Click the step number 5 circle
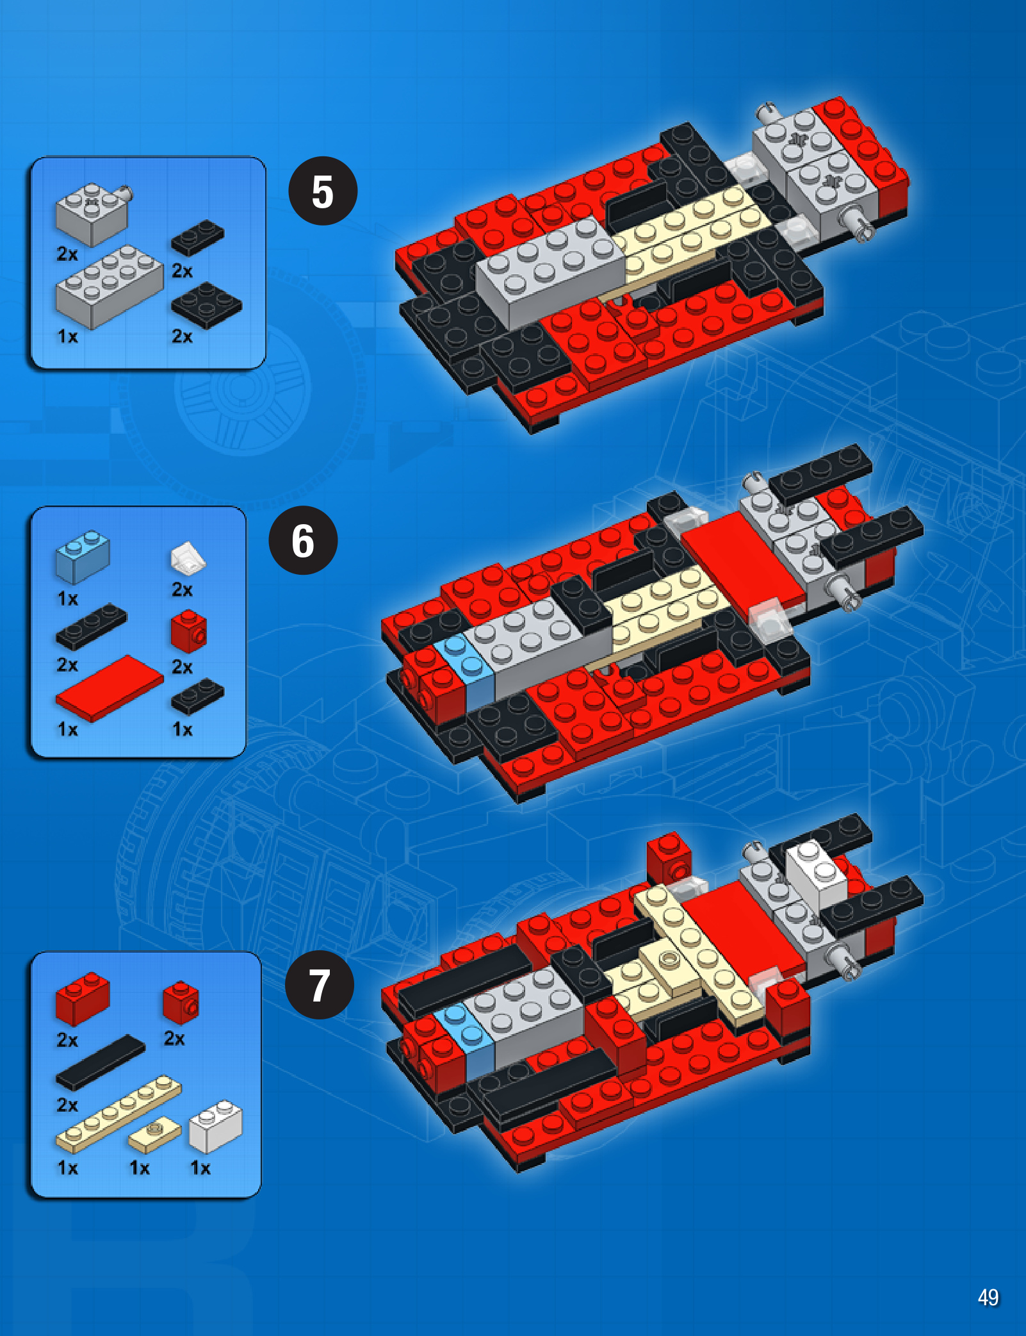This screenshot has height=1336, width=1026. pyautogui.click(x=323, y=191)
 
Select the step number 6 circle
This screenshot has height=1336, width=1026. pyautogui.click(x=303, y=540)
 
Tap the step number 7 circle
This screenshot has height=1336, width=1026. pyautogui.click(x=319, y=985)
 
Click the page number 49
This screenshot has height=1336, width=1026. pyautogui.click(x=988, y=1297)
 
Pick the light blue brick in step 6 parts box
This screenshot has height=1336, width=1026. pyautogui.click(x=83, y=556)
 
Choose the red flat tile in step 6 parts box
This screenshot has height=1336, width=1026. pyautogui.click(x=110, y=688)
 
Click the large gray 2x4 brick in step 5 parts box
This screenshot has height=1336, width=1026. pyautogui.click(x=109, y=287)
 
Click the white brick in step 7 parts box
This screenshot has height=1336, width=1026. pyautogui.click(x=215, y=1126)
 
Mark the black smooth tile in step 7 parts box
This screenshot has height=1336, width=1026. pyautogui.click(x=101, y=1062)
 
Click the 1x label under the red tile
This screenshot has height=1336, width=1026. pyautogui.click(x=67, y=729)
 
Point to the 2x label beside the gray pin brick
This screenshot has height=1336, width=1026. pyautogui.click(x=67, y=254)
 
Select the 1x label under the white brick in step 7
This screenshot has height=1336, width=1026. pyautogui.click(x=200, y=1168)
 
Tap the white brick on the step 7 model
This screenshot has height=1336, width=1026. pyautogui.click(x=815, y=873)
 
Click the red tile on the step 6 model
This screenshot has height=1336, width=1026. pyautogui.click(x=743, y=565)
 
